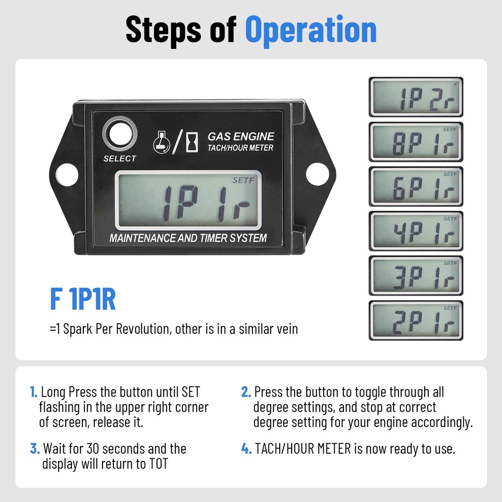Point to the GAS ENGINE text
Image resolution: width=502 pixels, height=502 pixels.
coord(241,136)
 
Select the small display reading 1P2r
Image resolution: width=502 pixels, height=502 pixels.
coord(416,97)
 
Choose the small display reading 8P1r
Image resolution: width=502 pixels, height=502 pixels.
coord(416,142)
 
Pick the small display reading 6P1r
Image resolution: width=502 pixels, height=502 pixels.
coord(416,187)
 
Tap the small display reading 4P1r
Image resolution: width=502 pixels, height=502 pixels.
coord(416,231)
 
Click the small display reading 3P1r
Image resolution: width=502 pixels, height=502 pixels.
coord(416,276)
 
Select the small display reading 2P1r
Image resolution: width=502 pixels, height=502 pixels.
coord(416,321)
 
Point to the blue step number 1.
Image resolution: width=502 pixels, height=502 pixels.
coord(33,392)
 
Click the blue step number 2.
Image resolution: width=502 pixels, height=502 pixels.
coord(245,392)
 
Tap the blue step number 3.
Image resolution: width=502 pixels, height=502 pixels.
coord(34,448)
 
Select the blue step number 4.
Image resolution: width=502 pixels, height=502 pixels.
coord(246,448)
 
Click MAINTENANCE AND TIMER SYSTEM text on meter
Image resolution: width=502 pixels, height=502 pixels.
coord(188,238)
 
